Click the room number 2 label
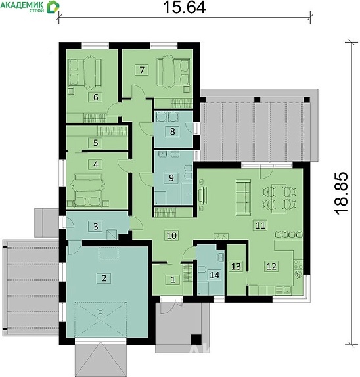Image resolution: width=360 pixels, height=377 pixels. point(104,278)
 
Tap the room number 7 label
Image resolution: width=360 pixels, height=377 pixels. point(142,70)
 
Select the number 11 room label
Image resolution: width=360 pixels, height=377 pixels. point(260,225)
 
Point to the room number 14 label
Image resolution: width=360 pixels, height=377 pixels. point(215,275)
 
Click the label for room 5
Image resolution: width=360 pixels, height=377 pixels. point(95,143)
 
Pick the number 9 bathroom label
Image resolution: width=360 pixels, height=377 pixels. point(171,178)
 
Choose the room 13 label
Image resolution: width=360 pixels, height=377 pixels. point(236,267)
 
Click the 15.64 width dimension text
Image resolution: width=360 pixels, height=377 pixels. point(184,7)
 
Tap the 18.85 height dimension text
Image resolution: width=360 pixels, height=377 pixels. point(341,193)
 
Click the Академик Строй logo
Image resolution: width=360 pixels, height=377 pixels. point(30,7)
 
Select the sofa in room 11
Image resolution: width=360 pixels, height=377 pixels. point(243,197)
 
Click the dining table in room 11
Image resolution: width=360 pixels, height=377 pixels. point(279,198)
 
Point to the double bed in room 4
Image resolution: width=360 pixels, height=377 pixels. point(88,190)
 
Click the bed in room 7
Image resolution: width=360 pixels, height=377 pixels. point(173,70)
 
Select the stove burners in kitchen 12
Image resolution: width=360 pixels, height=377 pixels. point(298,265)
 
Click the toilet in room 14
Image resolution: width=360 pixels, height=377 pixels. point(202,269)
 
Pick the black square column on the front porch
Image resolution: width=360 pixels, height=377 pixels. point(196,340)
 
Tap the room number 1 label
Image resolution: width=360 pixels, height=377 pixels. point(173,280)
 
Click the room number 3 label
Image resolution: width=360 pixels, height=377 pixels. point(95,226)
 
